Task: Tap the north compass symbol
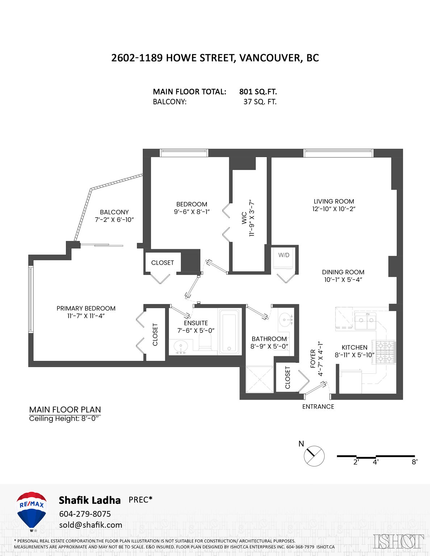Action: (314, 456)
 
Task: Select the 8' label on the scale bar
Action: (414, 462)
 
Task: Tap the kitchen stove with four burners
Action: (385, 352)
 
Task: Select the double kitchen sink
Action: (365, 321)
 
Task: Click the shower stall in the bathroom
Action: (259, 379)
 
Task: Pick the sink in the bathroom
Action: (286, 320)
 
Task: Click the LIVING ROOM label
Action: (334, 201)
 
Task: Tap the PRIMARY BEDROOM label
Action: (86, 308)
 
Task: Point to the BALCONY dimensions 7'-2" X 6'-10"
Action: (114, 220)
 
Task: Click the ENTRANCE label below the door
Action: (318, 407)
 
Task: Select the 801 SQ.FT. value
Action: (258, 92)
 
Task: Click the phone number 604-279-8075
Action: (85, 514)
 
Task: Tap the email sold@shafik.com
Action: (91, 525)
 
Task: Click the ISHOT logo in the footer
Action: (398, 542)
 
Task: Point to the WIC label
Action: (244, 218)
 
